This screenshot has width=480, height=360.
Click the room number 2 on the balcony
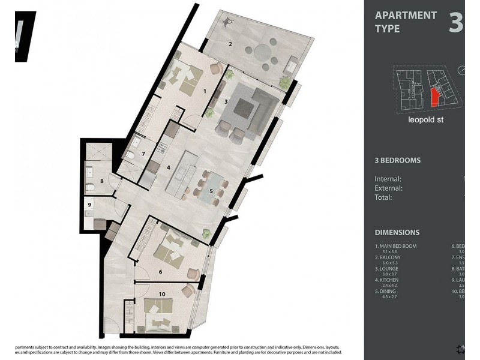tap(230, 44)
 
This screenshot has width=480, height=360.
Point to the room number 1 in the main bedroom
tap(205, 91)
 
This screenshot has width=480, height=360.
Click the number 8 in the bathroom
tap(102, 181)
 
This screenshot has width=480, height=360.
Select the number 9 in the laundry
tap(89, 205)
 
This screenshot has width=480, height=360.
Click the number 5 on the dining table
tap(211, 191)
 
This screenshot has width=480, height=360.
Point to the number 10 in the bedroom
tap(162, 293)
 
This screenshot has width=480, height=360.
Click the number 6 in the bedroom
tap(160, 272)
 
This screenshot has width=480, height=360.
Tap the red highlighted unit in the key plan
tap(435, 96)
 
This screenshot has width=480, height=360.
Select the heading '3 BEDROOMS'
tap(397, 161)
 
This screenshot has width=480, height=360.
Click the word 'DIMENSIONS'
tap(397, 232)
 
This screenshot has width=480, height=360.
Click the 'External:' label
tap(388, 188)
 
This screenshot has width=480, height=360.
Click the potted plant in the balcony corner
tap(284, 81)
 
